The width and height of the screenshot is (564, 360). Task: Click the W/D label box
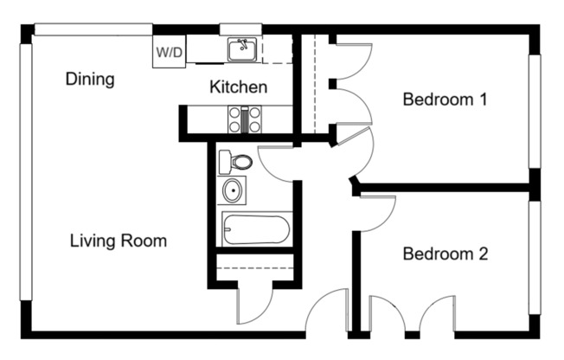click(170, 52)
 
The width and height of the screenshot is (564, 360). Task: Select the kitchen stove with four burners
click(245, 119)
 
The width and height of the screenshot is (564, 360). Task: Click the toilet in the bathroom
click(235, 161)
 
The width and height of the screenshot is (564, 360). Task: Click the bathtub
click(256, 229)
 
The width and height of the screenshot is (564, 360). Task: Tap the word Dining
click(90, 80)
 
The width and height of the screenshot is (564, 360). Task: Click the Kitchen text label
click(238, 87)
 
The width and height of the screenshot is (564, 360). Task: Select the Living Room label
click(118, 241)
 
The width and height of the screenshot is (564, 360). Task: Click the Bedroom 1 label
click(445, 100)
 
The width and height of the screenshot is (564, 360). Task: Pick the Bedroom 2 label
click(445, 254)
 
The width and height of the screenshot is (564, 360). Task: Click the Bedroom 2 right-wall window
click(535, 264)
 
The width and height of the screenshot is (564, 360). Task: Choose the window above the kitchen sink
click(240, 29)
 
